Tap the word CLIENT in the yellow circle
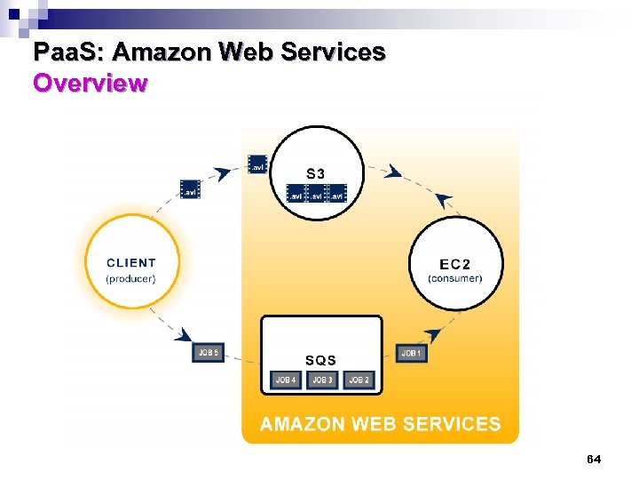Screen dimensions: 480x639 (130, 263)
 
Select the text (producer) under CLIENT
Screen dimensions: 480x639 (130, 278)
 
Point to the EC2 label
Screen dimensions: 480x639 (455, 264)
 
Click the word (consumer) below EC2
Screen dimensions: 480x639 (455, 278)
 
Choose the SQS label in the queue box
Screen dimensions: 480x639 (320, 360)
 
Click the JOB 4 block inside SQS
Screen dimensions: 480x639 (286, 380)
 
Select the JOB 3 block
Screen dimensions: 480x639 (322, 380)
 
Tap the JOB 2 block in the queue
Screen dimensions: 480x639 (359, 380)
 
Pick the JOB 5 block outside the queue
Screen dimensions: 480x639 (209, 354)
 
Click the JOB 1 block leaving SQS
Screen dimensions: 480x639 (412, 354)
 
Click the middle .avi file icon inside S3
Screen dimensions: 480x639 (316, 195)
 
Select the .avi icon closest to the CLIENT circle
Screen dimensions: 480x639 (189, 189)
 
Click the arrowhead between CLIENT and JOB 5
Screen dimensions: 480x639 (183, 335)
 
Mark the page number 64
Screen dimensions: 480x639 (594, 460)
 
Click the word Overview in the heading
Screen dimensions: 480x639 (90, 84)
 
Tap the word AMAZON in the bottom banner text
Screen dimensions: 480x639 (303, 424)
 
